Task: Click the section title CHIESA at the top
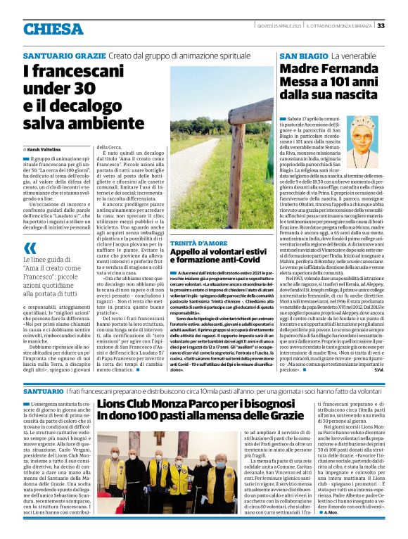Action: pos(53,29)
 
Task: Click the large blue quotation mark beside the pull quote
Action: pos(30,248)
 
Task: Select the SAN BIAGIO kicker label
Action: pos(303,55)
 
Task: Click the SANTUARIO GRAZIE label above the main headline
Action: pos(64,55)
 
